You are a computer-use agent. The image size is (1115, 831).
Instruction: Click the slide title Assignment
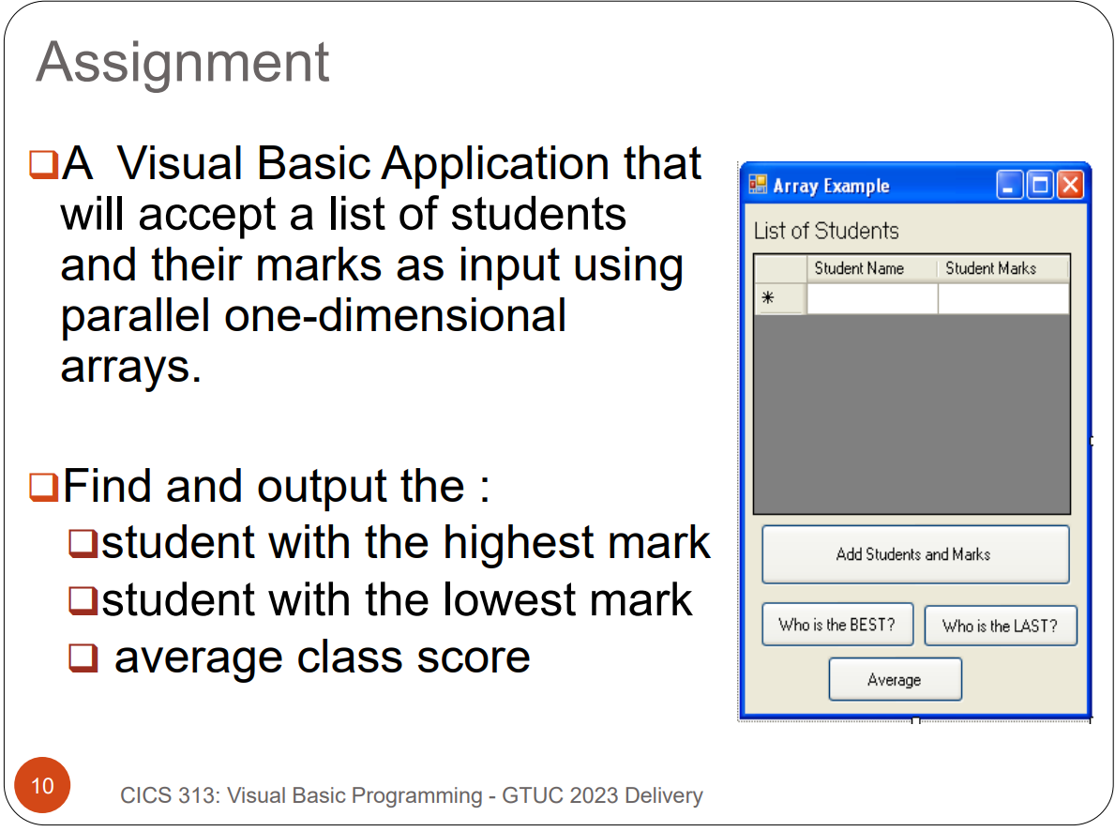(183, 62)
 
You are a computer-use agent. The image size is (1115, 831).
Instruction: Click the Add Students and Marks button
(914, 554)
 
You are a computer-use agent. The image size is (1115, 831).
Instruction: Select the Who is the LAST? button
(1000, 626)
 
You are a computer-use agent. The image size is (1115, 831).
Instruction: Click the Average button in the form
(895, 680)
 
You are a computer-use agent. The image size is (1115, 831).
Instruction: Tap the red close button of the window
(1070, 186)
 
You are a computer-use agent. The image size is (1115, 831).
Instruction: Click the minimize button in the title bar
(1010, 186)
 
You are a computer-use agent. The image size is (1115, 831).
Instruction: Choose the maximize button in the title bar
(1040, 186)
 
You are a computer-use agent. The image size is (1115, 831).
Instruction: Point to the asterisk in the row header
(768, 298)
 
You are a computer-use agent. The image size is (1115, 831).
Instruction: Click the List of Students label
(826, 231)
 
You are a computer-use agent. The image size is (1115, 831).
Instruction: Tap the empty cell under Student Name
(871, 299)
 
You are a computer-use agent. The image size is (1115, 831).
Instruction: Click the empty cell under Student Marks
(1002, 299)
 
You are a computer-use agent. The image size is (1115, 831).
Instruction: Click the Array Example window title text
(831, 186)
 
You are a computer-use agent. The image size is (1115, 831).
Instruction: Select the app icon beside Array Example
(758, 185)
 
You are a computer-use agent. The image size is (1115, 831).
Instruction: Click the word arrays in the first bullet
(130, 367)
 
